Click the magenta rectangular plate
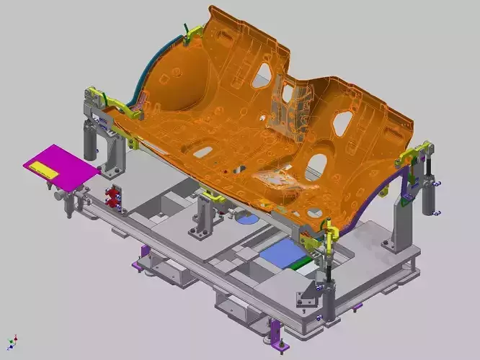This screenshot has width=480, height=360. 61,166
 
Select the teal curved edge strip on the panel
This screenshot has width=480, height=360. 137,86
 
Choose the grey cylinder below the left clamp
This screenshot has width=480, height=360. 90,140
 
